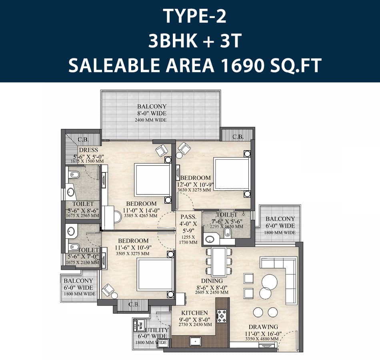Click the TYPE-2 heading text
tap(195, 16)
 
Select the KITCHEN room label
tap(195, 313)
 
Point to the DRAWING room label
tap(263, 327)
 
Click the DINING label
tap(212, 281)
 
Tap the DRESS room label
tap(88, 150)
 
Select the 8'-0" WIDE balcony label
tap(152, 113)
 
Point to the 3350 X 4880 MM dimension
tap(262, 339)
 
